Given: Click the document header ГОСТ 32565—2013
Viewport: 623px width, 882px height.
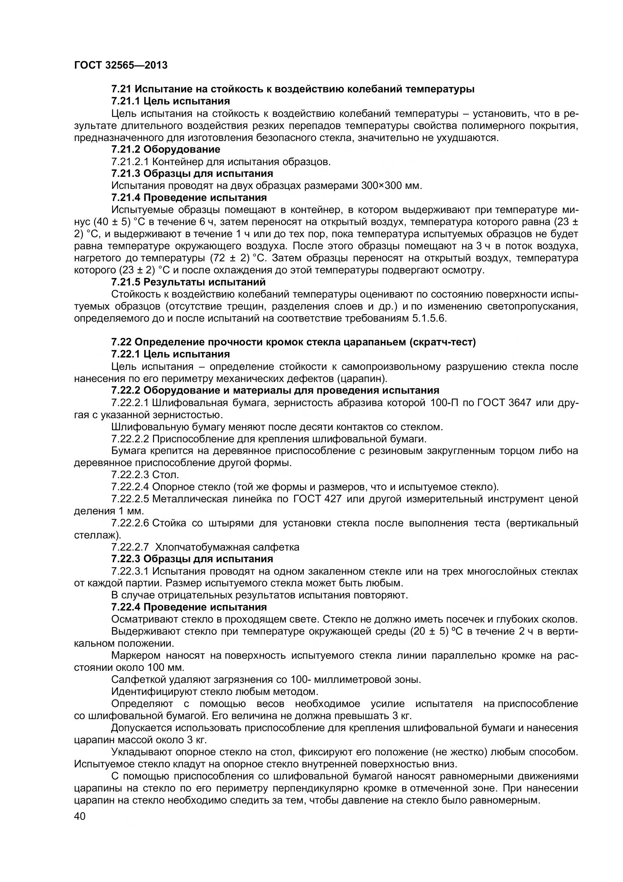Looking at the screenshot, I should pos(121,65).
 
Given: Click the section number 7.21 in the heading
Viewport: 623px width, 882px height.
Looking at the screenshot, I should pos(121,89).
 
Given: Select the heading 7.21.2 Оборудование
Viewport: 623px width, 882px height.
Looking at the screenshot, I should pos(165,149).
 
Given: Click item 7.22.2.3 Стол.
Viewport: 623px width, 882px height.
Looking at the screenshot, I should pos(145,475).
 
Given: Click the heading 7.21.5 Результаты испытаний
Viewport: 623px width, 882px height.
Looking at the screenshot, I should pos(188,282).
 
